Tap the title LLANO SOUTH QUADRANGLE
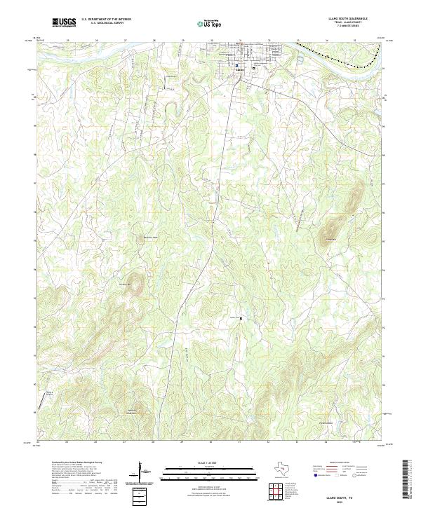(347, 19)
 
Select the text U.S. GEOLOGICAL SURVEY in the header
(105, 23)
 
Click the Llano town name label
(241, 69)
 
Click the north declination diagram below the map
(140, 470)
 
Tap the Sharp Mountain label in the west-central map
(126, 284)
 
